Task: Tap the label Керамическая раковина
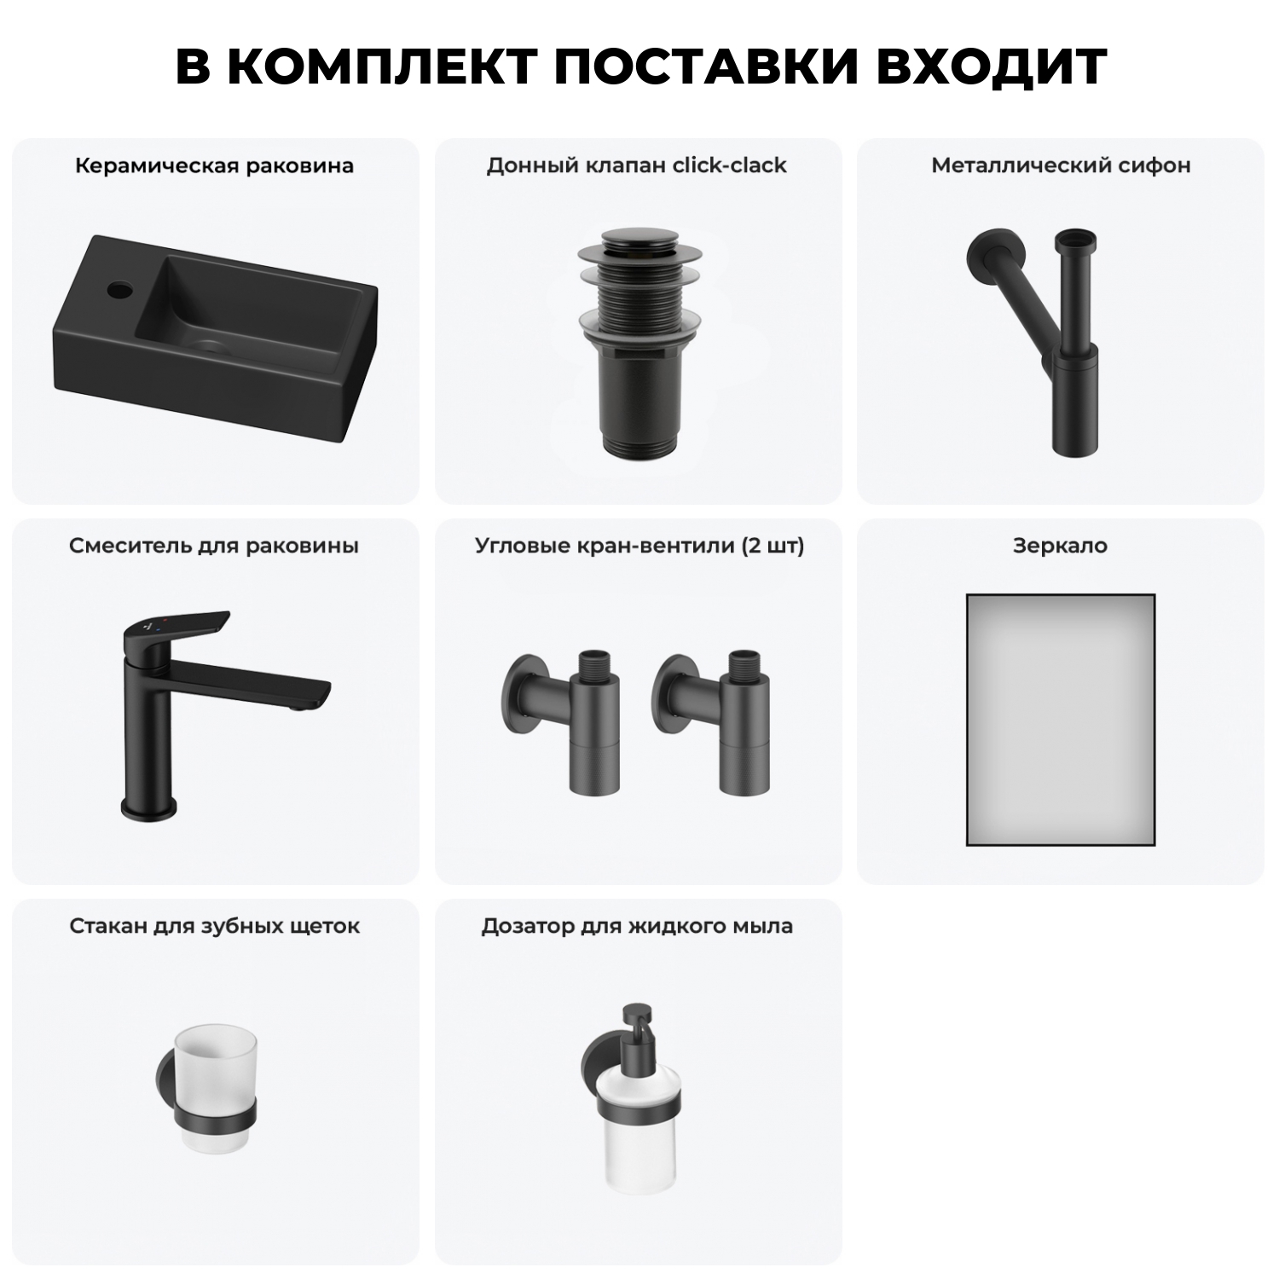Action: click(214, 165)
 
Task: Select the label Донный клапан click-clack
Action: click(636, 165)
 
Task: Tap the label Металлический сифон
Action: click(1060, 165)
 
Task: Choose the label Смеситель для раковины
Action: click(214, 546)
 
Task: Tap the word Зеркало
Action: click(1060, 546)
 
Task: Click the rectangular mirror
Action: click(1060, 719)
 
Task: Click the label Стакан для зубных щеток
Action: click(214, 926)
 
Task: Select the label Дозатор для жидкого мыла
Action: click(636, 926)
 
